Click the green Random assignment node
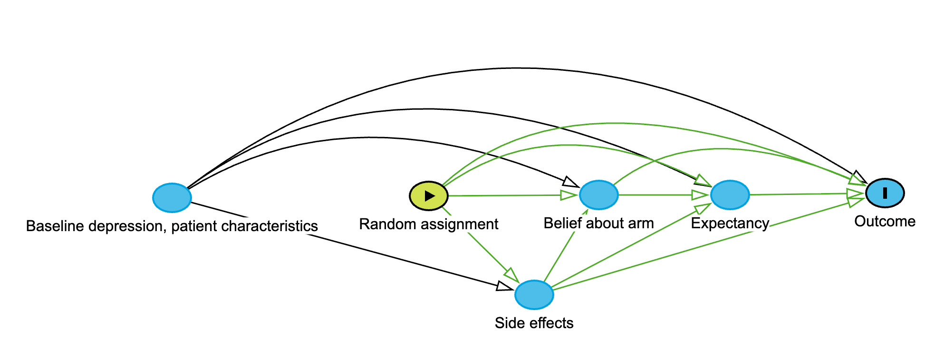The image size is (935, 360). click(x=429, y=195)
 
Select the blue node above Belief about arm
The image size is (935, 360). click(x=599, y=195)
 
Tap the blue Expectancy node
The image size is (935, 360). click(x=730, y=195)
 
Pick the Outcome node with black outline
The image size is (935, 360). click(x=885, y=193)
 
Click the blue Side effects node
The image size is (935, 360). click(x=534, y=295)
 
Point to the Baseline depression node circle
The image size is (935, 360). click(x=172, y=197)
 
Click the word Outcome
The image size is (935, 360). click(x=885, y=222)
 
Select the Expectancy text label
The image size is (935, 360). click(x=730, y=224)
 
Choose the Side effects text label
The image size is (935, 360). click(x=534, y=323)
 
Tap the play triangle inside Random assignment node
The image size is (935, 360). click(x=430, y=195)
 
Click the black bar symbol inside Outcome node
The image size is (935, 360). click(x=885, y=193)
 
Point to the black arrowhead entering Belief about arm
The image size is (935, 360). click(x=571, y=183)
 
